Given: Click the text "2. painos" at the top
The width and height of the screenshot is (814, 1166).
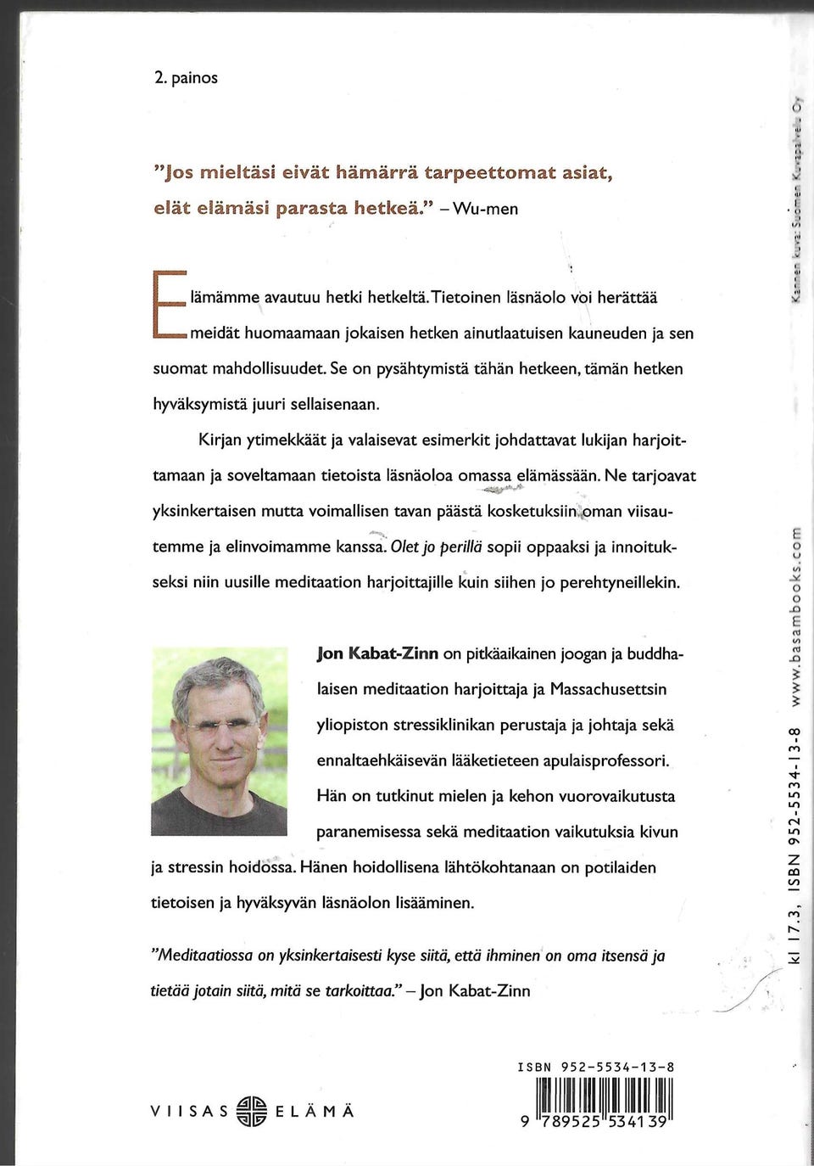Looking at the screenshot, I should coord(186,78).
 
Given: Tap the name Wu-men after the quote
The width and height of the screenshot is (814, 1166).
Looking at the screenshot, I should coord(486,209).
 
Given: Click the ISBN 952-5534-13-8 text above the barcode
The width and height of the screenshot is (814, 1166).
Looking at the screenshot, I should coord(596,1068).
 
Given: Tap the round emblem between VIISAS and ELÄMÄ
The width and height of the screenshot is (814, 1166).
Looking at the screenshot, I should coord(253,1111).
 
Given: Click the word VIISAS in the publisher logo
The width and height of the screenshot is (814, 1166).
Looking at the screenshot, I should coord(189,1112).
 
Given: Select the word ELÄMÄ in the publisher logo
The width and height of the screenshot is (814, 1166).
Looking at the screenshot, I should coord(315,1112).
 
